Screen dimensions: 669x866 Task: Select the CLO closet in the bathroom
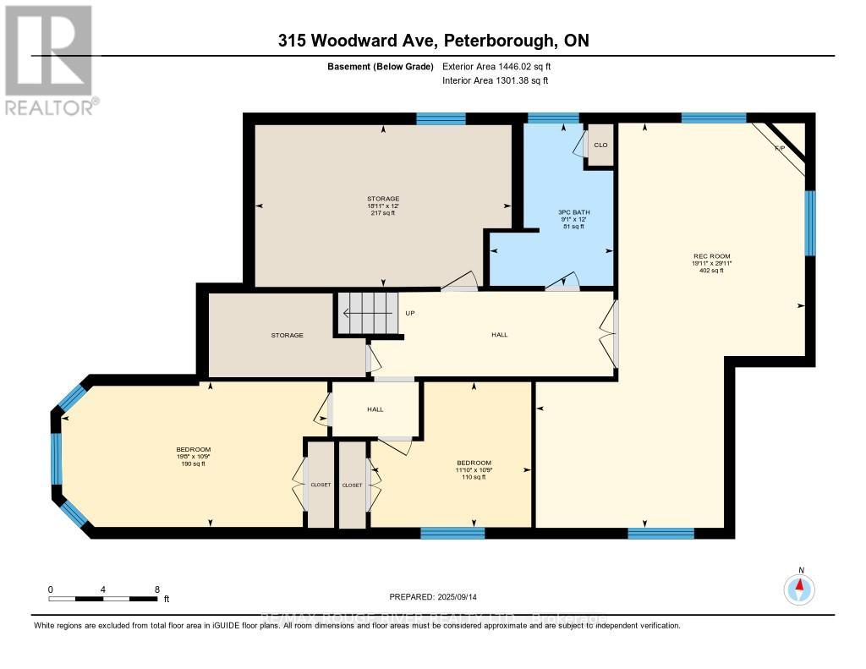tap(600, 145)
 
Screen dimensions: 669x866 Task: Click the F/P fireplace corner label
tap(780, 148)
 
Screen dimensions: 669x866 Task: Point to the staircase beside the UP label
tap(368, 313)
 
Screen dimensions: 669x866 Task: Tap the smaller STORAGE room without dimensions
tap(288, 335)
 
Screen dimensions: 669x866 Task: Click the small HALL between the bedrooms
tap(375, 409)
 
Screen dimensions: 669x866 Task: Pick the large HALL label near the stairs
tap(500, 335)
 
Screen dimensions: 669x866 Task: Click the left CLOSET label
tap(321, 485)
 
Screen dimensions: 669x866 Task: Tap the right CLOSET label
tap(352, 485)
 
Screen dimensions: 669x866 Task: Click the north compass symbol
tap(799, 588)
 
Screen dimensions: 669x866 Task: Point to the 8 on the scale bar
tap(157, 589)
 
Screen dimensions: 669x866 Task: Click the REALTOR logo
tap(50, 60)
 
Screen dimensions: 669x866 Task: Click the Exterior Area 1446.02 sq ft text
tap(502, 66)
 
